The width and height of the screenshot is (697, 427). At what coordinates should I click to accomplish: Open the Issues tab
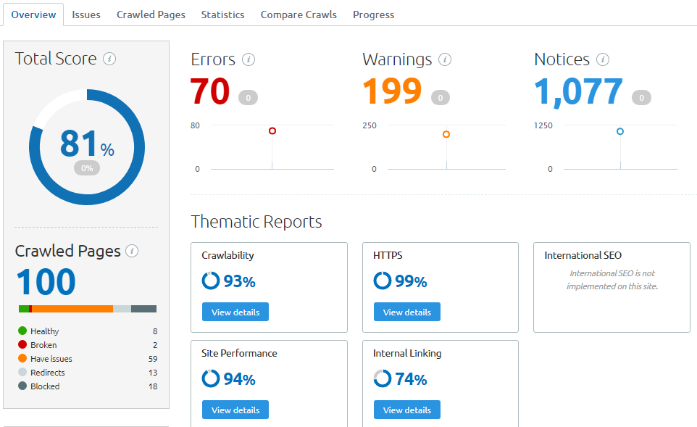coord(86,14)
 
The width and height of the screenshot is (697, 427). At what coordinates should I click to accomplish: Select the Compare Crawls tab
coord(299,14)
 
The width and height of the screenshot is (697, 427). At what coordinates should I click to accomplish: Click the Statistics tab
coord(222,14)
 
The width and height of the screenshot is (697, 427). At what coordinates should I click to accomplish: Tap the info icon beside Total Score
coord(109,59)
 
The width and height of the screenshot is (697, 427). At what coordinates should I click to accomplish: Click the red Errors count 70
coord(210,91)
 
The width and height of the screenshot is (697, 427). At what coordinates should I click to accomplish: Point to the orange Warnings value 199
coord(392,91)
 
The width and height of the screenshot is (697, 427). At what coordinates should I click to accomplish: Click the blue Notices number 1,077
coord(578,91)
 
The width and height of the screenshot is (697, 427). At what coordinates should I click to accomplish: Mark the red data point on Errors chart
coord(272,131)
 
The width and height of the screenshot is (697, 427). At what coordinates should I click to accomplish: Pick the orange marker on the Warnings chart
coord(446,134)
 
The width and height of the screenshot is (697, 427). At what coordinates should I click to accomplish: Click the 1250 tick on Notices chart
coord(543,125)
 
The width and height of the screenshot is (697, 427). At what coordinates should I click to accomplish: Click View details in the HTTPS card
coord(406,312)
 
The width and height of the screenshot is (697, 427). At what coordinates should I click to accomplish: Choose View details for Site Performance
coord(235,410)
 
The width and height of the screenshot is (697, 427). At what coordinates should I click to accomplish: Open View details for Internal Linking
coord(406,410)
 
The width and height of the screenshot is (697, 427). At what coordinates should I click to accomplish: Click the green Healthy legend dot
coord(22,331)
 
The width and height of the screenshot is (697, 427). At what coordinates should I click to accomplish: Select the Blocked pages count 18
coord(152,386)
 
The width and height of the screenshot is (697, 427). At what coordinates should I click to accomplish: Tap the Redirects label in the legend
coord(48,373)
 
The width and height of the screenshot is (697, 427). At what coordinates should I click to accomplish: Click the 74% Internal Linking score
coord(411,379)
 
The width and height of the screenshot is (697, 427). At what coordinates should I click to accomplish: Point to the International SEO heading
coord(583,255)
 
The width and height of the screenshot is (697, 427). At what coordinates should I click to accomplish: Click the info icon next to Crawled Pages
coord(132,251)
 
